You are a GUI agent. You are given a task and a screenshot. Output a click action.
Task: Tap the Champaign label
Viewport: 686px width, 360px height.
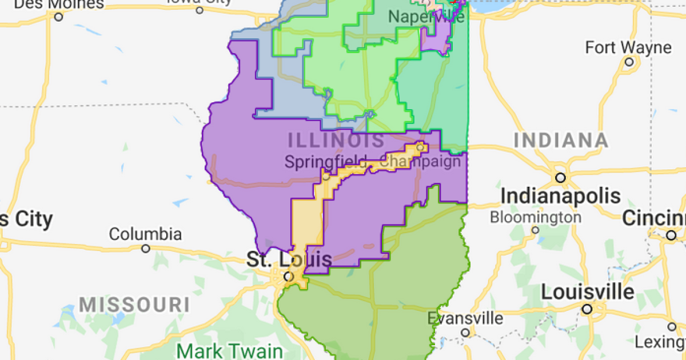(x=420, y=162)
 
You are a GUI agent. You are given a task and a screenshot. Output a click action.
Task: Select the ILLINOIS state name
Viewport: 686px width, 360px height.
(x=336, y=139)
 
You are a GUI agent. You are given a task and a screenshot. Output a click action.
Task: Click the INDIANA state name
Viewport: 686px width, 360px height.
(x=561, y=141)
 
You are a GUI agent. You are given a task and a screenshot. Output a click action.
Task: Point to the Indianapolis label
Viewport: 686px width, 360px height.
(x=561, y=196)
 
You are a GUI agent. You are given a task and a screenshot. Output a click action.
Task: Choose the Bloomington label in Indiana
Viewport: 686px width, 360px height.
(x=535, y=217)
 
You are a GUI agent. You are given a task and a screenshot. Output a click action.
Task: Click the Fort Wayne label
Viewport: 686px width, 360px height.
(x=629, y=47)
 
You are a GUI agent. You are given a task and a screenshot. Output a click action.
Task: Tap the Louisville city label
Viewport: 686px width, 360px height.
(x=588, y=292)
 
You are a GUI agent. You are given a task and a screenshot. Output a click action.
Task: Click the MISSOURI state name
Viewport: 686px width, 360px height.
(x=134, y=303)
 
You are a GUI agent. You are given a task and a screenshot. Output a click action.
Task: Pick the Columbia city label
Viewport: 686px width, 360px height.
(x=145, y=234)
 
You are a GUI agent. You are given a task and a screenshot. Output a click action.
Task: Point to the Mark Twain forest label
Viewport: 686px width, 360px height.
(x=229, y=350)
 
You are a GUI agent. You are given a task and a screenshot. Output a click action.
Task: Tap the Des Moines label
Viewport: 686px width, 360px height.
(x=59, y=5)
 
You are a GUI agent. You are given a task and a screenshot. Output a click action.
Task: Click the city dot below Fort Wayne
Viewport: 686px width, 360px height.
(x=629, y=62)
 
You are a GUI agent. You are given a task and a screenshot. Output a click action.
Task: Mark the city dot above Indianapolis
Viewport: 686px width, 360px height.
(x=561, y=178)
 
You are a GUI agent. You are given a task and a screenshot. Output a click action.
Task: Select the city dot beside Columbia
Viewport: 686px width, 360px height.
(x=146, y=249)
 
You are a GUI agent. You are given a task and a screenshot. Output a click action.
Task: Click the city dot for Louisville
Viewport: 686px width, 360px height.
(x=587, y=309)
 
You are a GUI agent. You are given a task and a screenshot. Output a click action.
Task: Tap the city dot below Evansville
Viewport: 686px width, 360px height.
(x=465, y=333)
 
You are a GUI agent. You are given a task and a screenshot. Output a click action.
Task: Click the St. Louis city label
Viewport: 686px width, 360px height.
(x=289, y=260)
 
